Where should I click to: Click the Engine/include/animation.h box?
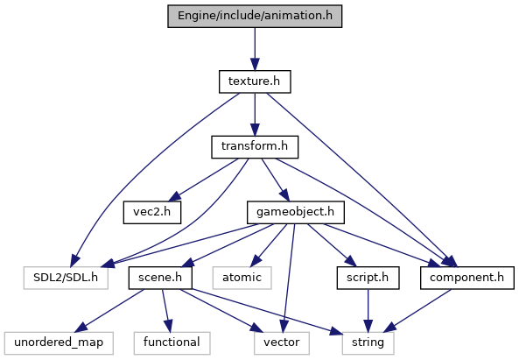click(x=255, y=16)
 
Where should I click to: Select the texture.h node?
click(x=255, y=81)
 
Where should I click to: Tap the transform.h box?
click(x=255, y=147)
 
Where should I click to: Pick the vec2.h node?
click(x=152, y=212)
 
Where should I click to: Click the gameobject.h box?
click(x=296, y=212)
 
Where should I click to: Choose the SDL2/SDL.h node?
click(x=66, y=278)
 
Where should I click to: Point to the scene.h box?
click(x=160, y=278)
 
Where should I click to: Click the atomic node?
click(x=242, y=278)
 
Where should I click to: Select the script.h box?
click(x=368, y=278)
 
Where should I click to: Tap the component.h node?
click(x=467, y=278)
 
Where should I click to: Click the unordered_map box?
click(x=59, y=342)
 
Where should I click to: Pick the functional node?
click(x=172, y=342)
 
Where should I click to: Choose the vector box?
click(x=282, y=342)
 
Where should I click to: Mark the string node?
click(x=368, y=342)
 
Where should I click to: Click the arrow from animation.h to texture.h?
click(x=255, y=49)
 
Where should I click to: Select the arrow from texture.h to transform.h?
click(x=255, y=114)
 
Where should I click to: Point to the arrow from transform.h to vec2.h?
click(x=203, y=180)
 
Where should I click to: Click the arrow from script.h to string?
click(x=368, y=311)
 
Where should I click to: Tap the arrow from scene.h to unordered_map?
click(x=109, y=311)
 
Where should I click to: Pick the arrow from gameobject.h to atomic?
click(x=269, y=245)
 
